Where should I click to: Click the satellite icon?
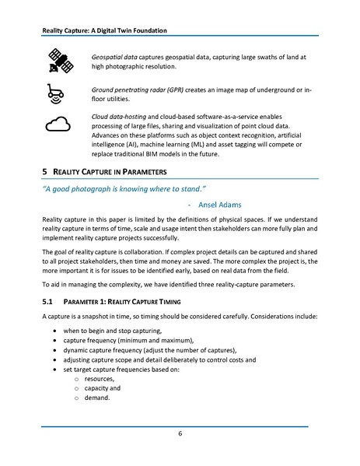[59, 60]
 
